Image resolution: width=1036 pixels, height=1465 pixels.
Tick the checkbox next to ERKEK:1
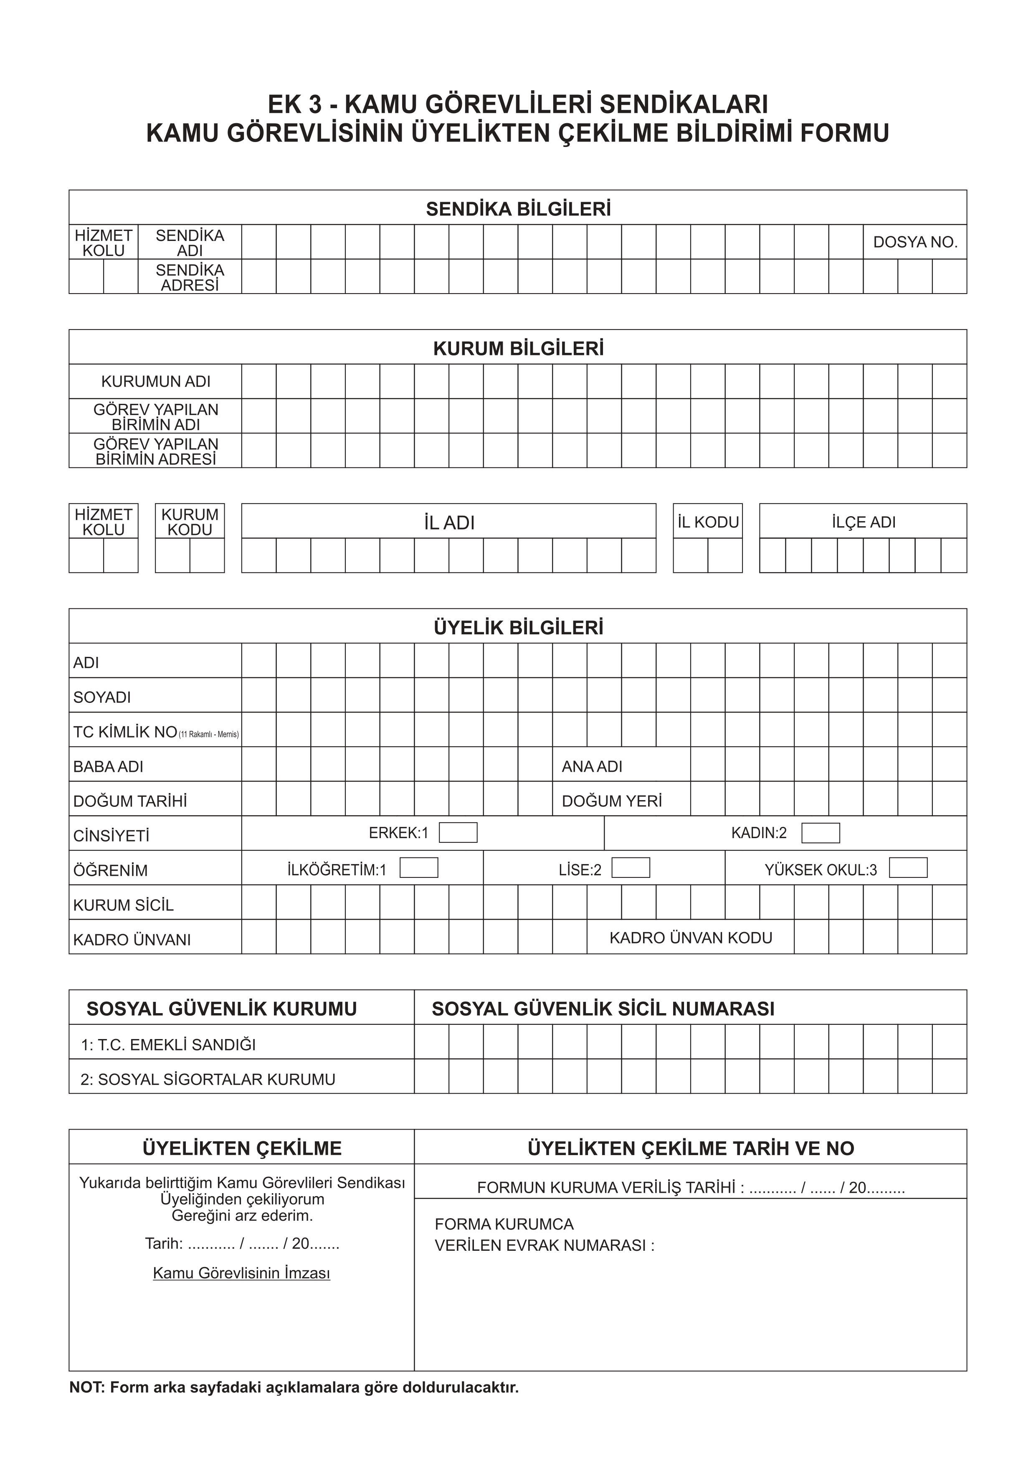tap(458, 833)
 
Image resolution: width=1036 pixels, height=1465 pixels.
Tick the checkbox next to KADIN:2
tap(821, 833)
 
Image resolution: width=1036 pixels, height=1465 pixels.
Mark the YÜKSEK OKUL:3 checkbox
tap(908, 868)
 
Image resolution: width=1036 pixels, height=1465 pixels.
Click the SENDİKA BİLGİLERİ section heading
tap(518, 209)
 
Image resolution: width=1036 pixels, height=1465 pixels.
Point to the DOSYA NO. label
tap(915, 243)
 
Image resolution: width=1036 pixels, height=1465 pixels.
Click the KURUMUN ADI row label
tap(156, 382)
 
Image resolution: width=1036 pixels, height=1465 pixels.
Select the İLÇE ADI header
tap(863, 522)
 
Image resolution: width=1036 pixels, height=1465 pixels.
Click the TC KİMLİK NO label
tap(125, 732)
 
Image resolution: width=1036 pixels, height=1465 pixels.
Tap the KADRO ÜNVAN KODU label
tap(691, 937)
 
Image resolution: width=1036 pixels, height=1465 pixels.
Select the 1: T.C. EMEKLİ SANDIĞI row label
tap(168, 1044)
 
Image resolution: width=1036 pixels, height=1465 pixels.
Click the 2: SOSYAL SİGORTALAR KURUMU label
tap(208, 1079)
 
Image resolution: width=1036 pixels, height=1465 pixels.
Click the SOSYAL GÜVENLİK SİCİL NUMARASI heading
tap(603, 1009)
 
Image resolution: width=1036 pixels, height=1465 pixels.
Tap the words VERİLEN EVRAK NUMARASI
tap(544, 1245)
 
